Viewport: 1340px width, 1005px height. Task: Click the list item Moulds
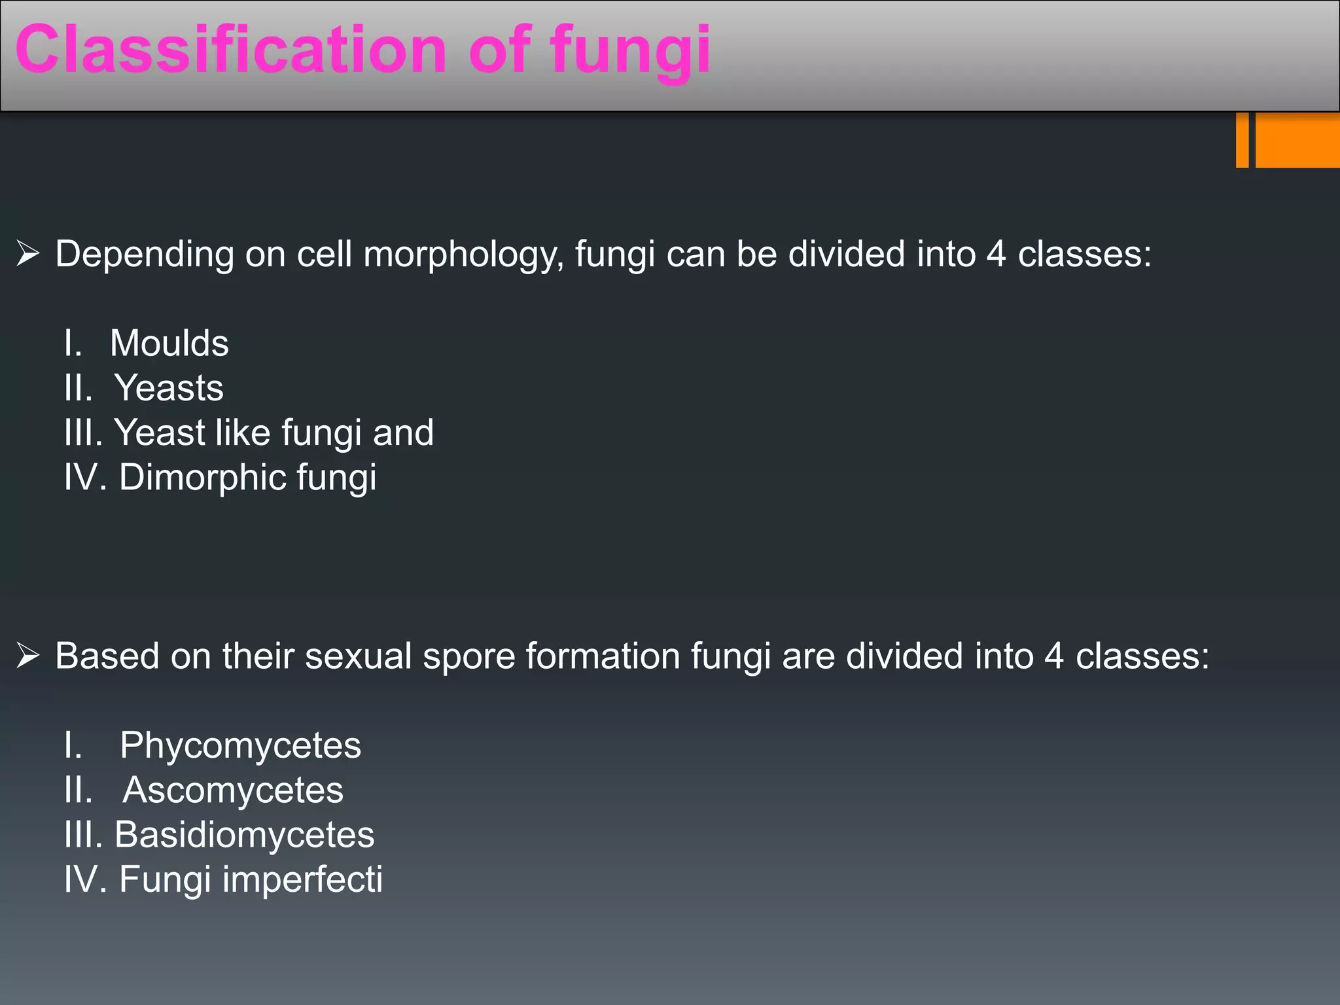(169, 343)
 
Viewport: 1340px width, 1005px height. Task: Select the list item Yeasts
(169, 387)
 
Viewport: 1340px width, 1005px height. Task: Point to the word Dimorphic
(203, 477)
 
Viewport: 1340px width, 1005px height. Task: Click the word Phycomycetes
(240, 745)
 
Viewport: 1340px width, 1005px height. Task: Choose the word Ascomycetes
(233, 790)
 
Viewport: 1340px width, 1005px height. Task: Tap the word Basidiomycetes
(244, 834)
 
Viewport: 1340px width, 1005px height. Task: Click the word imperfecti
(302, 879)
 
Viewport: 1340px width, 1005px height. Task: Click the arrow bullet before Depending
(28, 254)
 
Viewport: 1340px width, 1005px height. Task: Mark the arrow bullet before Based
(28, 656)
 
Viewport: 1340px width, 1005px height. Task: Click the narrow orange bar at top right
(1242, 140)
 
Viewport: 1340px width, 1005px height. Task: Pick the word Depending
(144, 255)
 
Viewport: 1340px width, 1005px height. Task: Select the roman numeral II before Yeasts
(78, 387)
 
